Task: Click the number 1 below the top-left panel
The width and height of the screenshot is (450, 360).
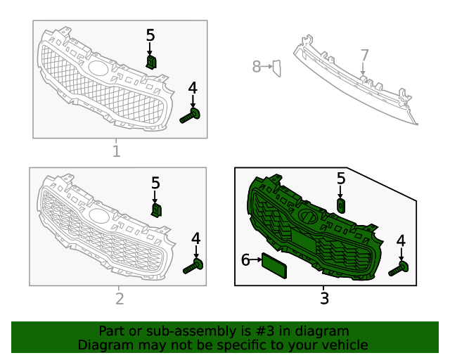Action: tap(116, 151)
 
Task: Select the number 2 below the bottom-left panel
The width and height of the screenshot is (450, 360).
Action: tap(120, 299)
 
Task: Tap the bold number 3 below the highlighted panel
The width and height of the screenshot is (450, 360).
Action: tap(324, 298)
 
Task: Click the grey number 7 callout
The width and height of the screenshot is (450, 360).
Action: tap(364, 55)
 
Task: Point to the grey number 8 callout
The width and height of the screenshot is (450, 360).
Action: tap(256, 66)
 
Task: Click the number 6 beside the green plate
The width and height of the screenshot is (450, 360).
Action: tap(245, 260)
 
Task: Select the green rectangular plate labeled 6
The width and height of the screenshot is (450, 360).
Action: tap(274, 266)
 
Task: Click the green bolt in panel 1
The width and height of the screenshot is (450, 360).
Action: tap(190, 116)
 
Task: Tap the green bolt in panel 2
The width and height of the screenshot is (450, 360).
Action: tap(193, 266)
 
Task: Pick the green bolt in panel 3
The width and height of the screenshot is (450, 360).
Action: tap(399, 269)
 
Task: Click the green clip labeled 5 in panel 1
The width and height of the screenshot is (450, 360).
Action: tap(151, 63)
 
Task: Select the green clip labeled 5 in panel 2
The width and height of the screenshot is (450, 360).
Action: tap(156, 210)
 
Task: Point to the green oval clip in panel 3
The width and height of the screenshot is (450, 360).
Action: tap(340, 206)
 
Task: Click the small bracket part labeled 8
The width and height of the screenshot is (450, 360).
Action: tap(276, 68)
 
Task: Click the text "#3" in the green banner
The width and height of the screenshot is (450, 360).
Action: tap(264, 331)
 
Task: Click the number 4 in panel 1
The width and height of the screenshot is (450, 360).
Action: tap(193, 88)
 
